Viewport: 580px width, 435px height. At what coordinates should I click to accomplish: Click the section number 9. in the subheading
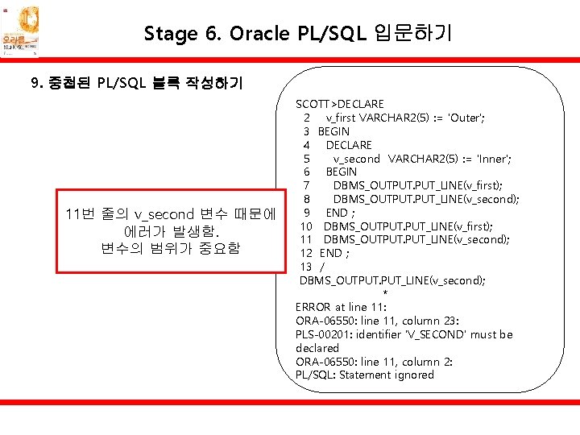click(x=35, y=83)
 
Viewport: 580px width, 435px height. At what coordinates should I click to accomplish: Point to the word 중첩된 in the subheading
click(x=68, y=83)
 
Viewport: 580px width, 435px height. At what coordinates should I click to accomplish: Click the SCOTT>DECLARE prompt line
click(x=339, y=104)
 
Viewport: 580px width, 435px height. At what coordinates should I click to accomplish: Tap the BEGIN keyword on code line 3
click(x=333, y=131)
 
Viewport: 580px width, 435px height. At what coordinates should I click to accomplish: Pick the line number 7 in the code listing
click(x=307, y=186)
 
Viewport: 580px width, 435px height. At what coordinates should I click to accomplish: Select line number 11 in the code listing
click(x=306, y=239)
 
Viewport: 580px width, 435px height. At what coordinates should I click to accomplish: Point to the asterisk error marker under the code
click(x=385, y=293)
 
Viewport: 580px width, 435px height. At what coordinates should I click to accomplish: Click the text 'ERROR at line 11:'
click(x=341, y=307)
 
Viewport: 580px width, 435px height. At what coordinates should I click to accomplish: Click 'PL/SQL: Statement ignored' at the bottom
click(x=364, y=375)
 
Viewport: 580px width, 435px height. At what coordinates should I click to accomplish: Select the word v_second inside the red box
click(x=164, y=214)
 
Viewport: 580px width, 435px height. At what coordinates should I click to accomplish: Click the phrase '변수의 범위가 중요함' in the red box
click(x=171, y=248)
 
